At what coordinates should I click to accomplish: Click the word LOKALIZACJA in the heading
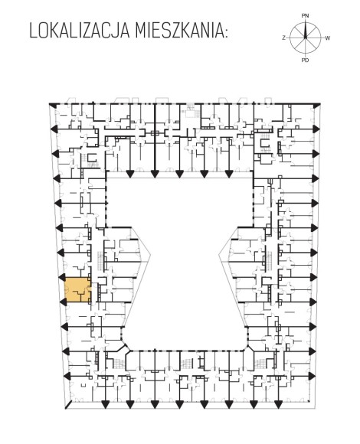tap(80, 31)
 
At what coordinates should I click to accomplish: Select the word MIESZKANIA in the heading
tap(178, 31)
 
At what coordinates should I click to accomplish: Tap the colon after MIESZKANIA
tap(225, 34)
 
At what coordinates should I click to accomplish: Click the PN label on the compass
tap(305, 16)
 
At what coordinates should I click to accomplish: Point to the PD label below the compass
tap(305, 60)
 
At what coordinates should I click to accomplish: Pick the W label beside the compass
tap(328, 38)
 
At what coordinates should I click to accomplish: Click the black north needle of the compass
tap(306, 29)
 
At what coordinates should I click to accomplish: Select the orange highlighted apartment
tap(78, 289)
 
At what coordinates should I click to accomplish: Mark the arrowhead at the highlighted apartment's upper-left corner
tap(62, 277)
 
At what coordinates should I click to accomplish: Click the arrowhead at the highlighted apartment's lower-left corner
tap(63, 302)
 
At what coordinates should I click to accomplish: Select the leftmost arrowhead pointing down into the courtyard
tap(130, 174)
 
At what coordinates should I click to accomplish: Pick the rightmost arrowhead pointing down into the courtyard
tap(228, 174)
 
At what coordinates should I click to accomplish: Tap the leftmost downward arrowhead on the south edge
tap(106, 405)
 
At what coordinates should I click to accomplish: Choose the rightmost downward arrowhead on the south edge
tap(278, 405)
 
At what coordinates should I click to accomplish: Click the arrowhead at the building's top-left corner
tap(53, 105)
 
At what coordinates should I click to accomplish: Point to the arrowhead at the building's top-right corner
tap(316, 106)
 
